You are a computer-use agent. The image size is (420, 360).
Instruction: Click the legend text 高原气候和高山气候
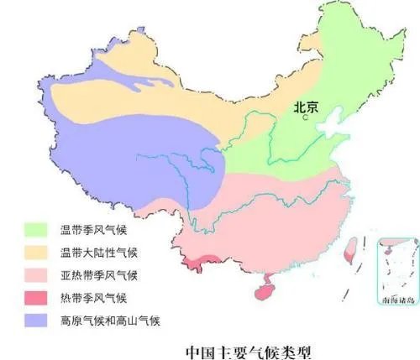point(109,320)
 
